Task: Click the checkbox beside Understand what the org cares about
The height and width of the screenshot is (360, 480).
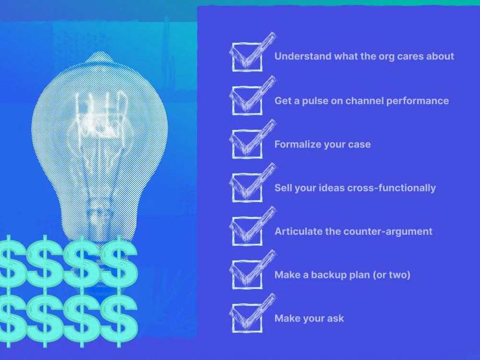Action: click(247, 57)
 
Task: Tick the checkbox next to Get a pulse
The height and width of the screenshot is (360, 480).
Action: click(247, 101)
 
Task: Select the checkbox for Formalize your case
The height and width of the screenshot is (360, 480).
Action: click(247, 144)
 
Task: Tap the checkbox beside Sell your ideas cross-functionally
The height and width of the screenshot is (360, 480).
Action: click(247, 188)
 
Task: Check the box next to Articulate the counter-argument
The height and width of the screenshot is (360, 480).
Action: click(247, 231)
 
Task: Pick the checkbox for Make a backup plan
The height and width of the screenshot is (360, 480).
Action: click(247, 275)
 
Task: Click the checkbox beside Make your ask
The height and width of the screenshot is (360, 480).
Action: click(247, 318)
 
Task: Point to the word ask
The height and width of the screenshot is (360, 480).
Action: click(336, 318)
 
